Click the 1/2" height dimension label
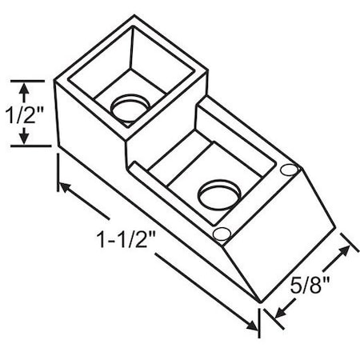click(x=24, y=113)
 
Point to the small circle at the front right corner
click(x=290, y=170)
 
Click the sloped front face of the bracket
click(x=284, y=240)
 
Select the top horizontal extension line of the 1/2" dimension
click(x=32, y=80)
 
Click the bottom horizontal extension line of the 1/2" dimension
click(x=32, y=146)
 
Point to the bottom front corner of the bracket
click(x=260, y=302)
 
